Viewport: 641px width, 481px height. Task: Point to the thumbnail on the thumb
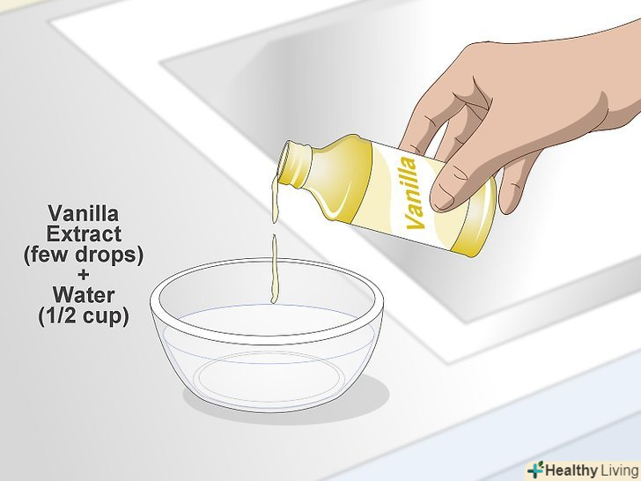point(443,195)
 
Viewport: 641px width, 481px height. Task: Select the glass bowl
point(267,335)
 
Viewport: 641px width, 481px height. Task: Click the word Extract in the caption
point(84,234)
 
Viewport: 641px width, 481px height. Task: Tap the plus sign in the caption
point(83,274)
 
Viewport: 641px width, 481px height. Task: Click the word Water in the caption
point(84,295)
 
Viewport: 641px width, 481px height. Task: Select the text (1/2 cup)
point(84,315)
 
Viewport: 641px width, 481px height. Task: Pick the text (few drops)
point(84,255)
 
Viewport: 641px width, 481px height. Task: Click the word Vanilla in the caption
point(84,213)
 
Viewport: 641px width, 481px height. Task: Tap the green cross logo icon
point(535,470)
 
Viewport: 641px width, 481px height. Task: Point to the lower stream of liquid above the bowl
point(275,270)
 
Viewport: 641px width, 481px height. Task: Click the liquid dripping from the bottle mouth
point(276,199)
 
